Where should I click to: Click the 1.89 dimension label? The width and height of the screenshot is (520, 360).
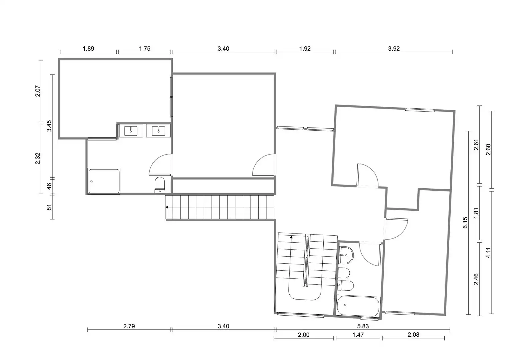88,49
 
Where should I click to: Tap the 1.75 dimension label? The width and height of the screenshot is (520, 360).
145,49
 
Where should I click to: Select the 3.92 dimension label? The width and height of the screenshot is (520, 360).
394,49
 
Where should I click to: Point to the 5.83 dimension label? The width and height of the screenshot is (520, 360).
363,326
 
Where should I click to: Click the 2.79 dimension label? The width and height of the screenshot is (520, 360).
129,326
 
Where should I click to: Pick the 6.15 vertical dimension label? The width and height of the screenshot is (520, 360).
465,223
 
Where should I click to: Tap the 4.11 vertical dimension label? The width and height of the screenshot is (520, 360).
488,253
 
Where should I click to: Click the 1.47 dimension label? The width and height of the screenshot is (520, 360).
358,335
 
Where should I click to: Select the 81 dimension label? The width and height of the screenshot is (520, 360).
49,207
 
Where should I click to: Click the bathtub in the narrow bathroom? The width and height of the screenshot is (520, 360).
358,306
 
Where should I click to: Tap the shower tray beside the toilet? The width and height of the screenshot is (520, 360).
104,181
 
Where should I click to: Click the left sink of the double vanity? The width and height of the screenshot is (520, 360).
131,131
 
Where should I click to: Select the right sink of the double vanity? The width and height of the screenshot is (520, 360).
159,131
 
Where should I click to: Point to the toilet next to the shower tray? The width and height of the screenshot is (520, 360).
160,185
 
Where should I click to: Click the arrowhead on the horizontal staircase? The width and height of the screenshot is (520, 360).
167,207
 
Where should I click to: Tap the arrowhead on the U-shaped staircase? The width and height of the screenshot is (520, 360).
291,237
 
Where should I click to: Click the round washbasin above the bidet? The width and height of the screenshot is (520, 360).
346,255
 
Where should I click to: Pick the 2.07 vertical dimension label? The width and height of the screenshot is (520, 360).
38,91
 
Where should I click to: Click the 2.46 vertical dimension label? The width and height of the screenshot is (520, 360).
476,279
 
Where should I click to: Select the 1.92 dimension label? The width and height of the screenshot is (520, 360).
305,49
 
